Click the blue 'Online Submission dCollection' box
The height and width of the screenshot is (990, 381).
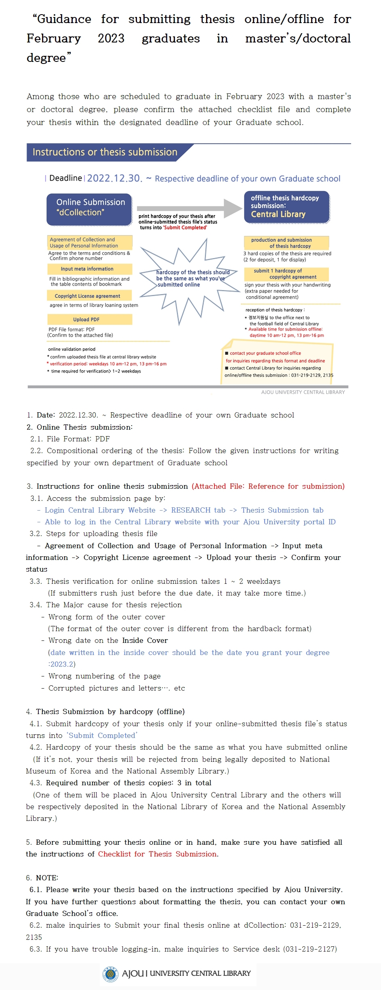[89, 209]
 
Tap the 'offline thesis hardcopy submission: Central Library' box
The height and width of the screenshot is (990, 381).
[286, 207]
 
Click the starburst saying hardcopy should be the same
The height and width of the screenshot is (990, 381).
[190, 278]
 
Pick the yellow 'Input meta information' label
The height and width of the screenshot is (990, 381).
[90, 269]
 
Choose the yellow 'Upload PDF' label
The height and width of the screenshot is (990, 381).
[90, 320]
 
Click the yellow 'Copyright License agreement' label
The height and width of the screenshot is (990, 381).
[90, 296]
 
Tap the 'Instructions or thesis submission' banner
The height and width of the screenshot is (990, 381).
[105, 152]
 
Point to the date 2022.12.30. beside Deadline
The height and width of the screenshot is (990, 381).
[115, 178]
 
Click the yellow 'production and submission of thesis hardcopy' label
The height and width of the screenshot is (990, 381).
[286, 243]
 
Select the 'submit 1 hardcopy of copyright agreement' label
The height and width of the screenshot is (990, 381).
[286, 274]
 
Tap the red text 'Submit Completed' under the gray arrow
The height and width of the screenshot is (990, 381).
[185, 228]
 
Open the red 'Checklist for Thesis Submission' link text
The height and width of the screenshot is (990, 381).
[158, 854]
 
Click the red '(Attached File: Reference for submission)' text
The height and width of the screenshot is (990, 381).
[268, 486]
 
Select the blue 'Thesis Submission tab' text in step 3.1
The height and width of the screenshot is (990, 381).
[282, 510]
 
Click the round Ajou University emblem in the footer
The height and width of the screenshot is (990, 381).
[110, 973]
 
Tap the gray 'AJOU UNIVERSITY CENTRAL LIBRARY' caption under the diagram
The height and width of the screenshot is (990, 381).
[303, 392]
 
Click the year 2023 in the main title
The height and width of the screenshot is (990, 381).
[111, 38]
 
